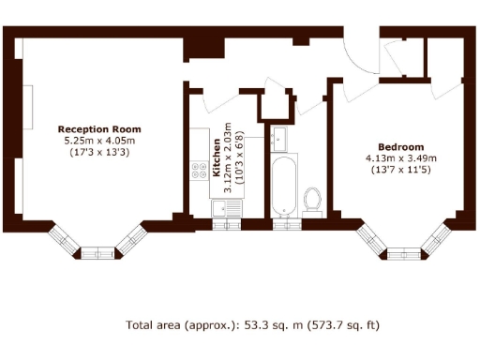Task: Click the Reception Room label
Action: [98, 129]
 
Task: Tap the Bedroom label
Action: [400, 147]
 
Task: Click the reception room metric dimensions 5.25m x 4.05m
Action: [98, 141]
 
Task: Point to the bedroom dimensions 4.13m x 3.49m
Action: [400, 158]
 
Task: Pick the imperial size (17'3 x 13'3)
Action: [98, 152]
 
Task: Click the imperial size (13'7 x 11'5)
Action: [400, 170]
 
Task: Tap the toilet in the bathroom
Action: [313, 199]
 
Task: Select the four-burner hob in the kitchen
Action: [200, 171]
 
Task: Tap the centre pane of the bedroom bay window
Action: [403, 252]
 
